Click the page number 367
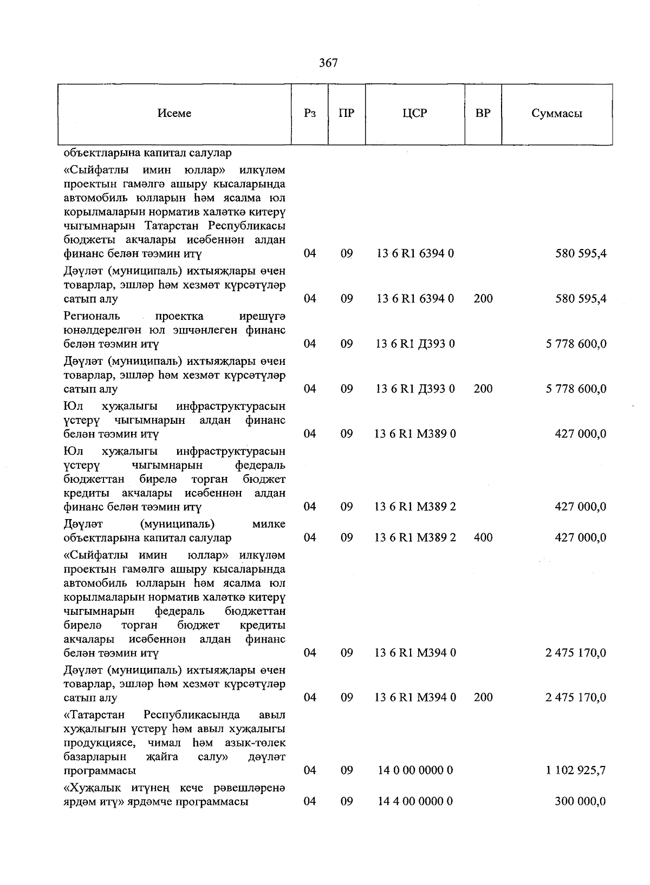[x=328, y=63]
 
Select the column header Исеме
[x=174, y=114]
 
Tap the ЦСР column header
[x=415, y=114]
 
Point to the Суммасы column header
[x=557, y=114]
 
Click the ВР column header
[x=483, y=114]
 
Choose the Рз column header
[x=310, y=114]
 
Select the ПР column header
[x=347, y=114]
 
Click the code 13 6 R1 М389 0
[x=415, y=434]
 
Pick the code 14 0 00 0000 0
[x=415, y=770]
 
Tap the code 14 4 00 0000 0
[x=415, y=801]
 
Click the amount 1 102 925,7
[x=576, y=770]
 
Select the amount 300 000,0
[x=580, y=801]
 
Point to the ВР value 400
[x=483, y=537]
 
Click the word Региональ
[x=92, y=316]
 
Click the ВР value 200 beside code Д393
[x=483, y=389]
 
